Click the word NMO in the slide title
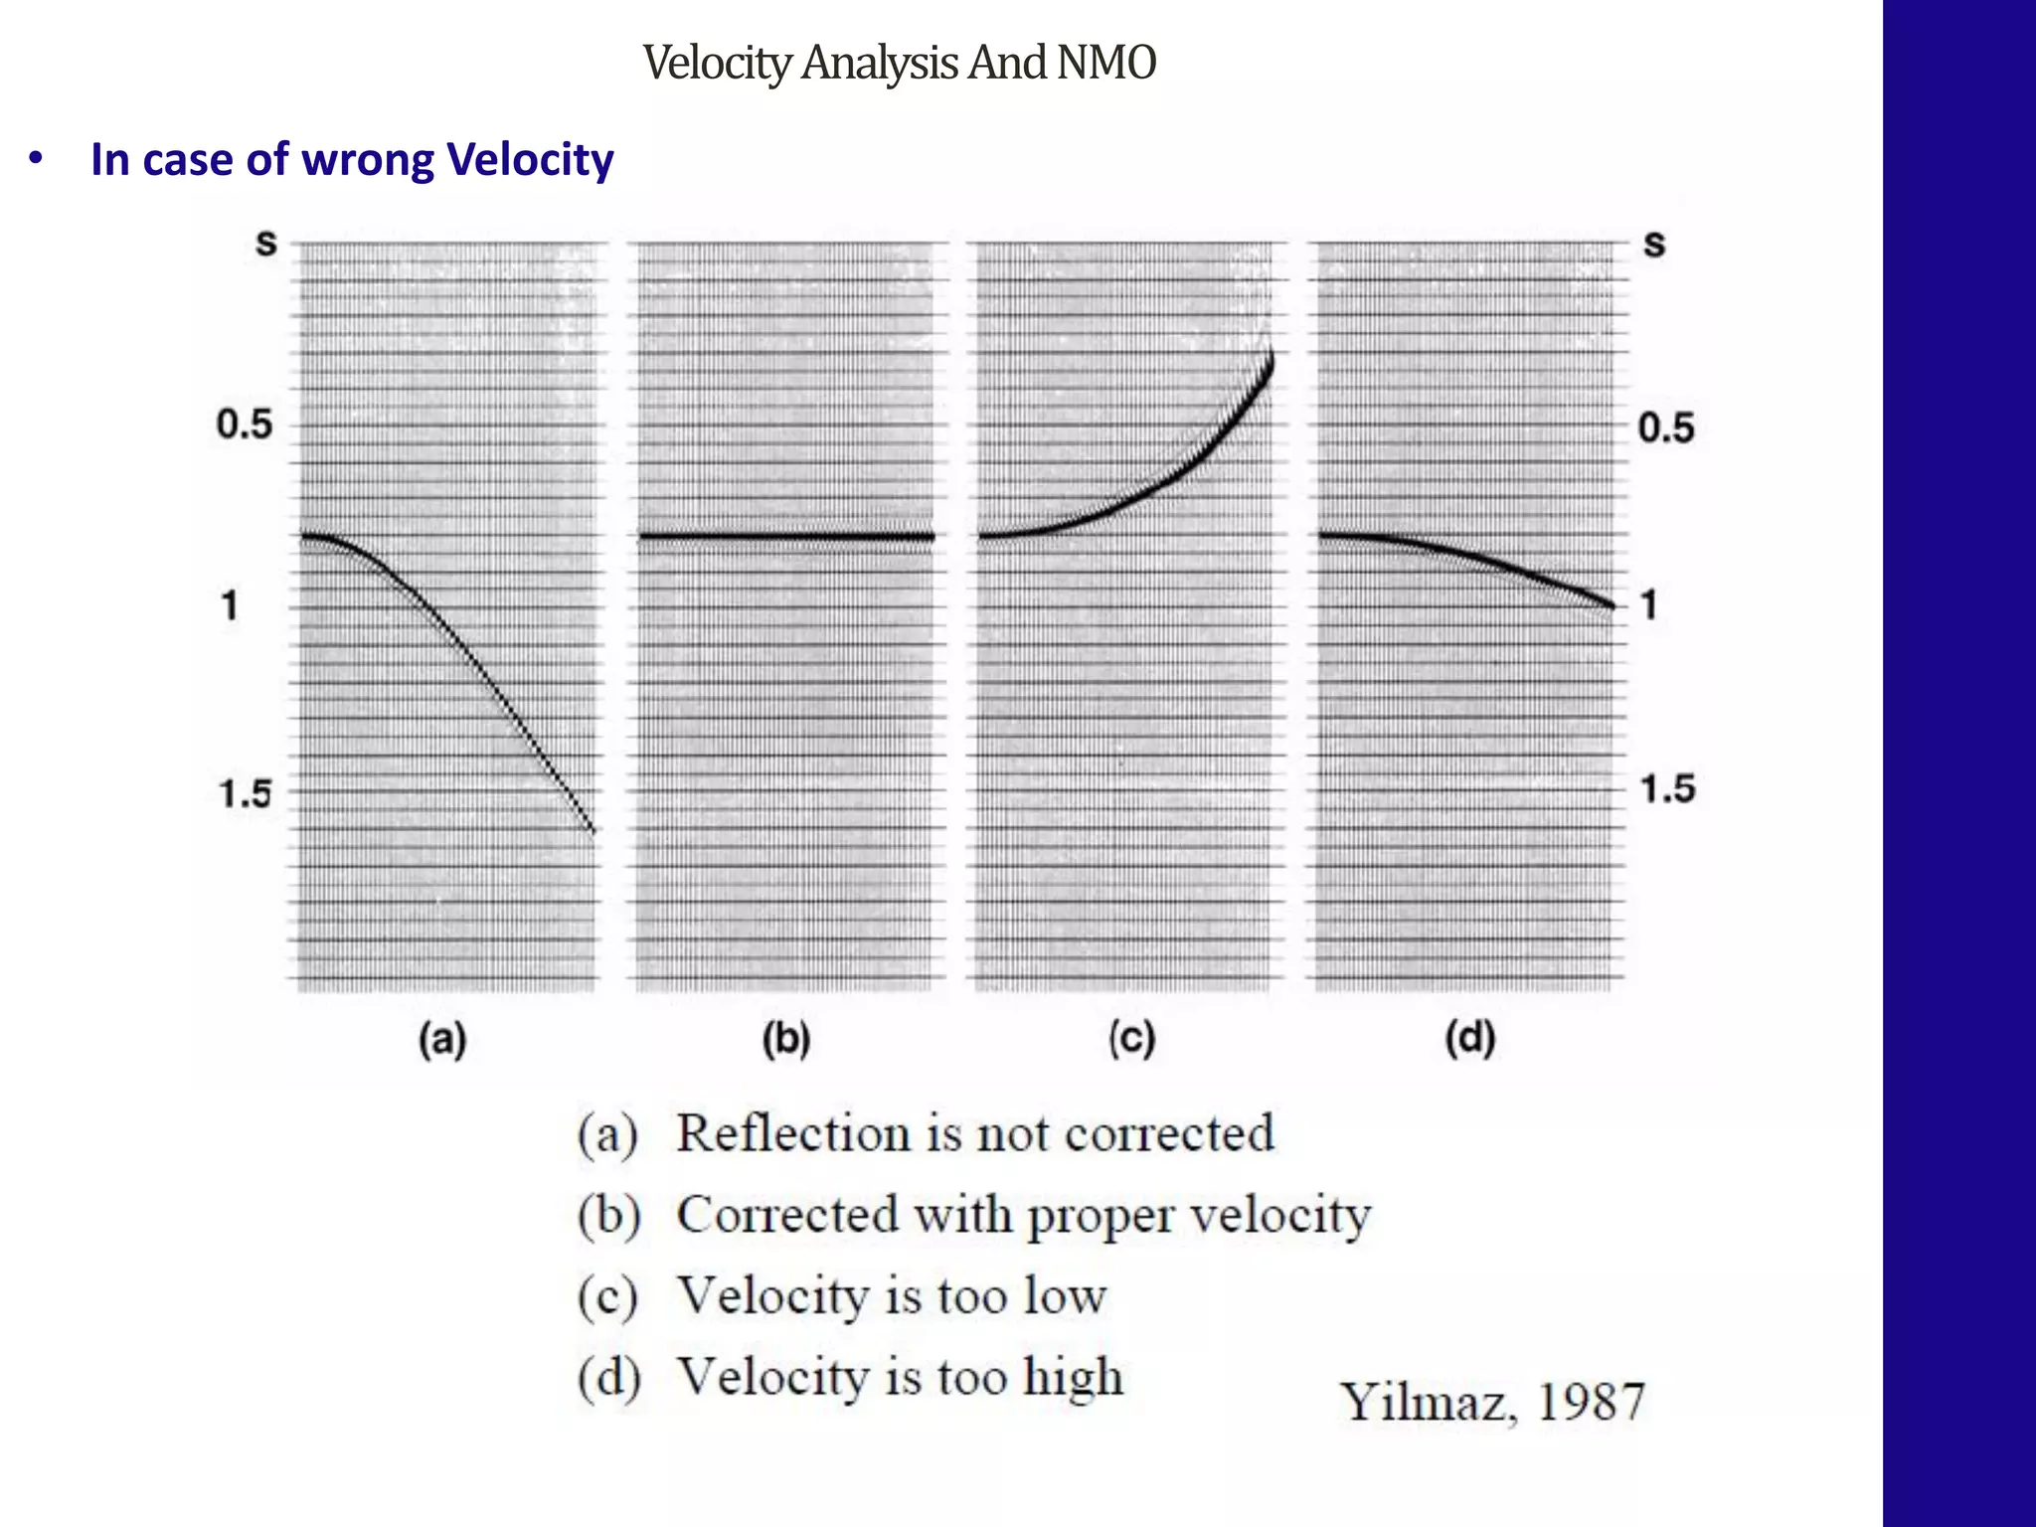coord(1105,63)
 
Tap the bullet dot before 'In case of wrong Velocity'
coord(36,160)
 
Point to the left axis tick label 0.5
coord(245,425)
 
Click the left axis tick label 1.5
coord(245,794)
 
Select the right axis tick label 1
coord(1649,604)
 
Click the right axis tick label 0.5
coord(1666,428)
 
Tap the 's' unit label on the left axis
coord(265,244)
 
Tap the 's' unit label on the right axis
coord(1653,244)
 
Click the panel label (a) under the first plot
coord(442,1041)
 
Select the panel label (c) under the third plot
coord(1131,1041)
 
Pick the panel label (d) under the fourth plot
coord(1470,1041)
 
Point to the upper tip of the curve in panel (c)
coord(1270,356)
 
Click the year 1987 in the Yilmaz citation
coord(1591,1402)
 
